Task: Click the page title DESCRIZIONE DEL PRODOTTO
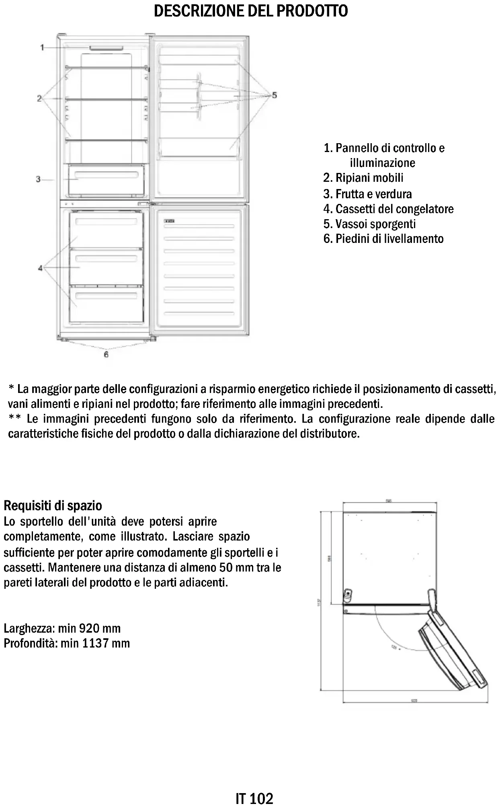tap(251, 11)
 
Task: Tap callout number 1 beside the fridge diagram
tap(42, 48)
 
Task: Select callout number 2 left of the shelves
tap(39, 99)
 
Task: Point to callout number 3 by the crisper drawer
tap(38, 179)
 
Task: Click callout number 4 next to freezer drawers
tap(40, 267)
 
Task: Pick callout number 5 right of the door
tap(274, 95)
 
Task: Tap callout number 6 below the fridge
tap(106, 354)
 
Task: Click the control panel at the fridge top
tap(106, 48)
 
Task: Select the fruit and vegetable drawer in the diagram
tap(106, 179)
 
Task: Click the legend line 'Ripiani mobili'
tap(363, 178)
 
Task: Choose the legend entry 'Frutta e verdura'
tap(367, 194)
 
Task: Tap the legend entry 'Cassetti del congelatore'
tap(388, 209)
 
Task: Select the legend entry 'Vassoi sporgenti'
tap(369, 224)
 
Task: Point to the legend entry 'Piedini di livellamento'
tap(383, 239)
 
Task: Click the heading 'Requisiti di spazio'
tap(53, 506)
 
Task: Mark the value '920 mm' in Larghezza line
tap(100, 628)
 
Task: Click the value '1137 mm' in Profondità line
tap(106, 643)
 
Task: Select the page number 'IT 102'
tap(254, 798)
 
